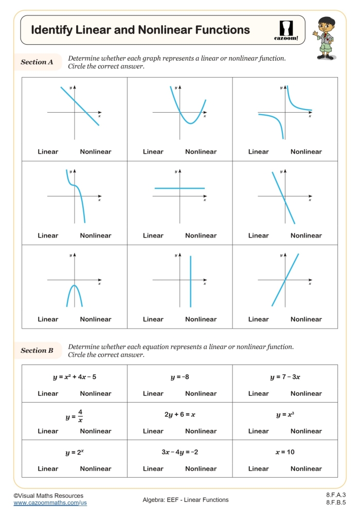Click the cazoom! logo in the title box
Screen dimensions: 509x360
tap(286, 30)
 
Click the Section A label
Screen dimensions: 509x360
tap(37, 62)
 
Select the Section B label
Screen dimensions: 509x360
tap(37, 351)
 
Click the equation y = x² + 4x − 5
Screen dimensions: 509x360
tap(74, 377)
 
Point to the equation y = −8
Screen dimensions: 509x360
tap(179, 377)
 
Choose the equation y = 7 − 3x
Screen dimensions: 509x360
tap(285, 377)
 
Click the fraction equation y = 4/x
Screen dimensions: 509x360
tap(74, 415)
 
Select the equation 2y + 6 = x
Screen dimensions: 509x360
tap(179, 414)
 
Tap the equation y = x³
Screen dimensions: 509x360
tap(285, 414)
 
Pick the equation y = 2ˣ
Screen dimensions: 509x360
tap(74, 452)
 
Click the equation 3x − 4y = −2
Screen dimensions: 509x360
tap(179, 452)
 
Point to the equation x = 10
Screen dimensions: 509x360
tap(285, 452)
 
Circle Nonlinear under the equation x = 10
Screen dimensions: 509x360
tap(306, 468)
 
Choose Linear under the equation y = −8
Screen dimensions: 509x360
tap(153, 393)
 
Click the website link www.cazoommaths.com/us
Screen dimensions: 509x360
tap(50, 503)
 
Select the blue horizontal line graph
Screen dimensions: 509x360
tap(179, 189)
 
